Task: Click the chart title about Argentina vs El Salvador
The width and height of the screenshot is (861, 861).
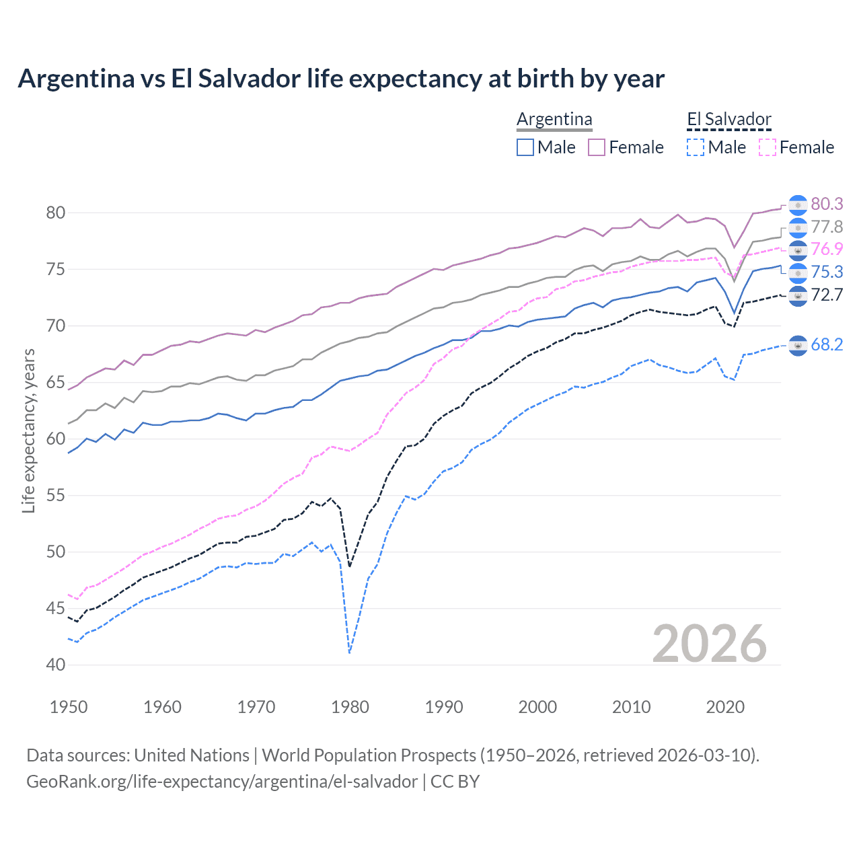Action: coord(341,79)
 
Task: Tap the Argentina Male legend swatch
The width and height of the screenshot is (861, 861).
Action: coord(525,147)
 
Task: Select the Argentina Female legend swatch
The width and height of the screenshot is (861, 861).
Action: coord(597,147)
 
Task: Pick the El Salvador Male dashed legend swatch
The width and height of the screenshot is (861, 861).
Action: coord(696,147)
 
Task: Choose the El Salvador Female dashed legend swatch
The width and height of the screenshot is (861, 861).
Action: coord(767,147)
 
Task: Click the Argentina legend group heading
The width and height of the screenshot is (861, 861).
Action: coord(554,120)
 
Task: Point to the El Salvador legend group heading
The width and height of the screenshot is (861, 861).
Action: coord(729,120)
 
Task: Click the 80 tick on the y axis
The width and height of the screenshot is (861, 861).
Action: coord(56,213)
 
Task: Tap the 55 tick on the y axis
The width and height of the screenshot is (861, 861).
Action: coord(56,496)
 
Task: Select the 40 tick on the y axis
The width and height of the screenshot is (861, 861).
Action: coord(56,665)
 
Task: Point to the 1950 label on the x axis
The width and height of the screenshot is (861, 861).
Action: coord(69,707)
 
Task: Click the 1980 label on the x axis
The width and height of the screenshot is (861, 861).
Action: coord(350,707)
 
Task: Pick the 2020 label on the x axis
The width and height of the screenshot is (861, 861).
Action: coord(725,707)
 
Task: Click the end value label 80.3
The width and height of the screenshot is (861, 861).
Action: coord(827,204)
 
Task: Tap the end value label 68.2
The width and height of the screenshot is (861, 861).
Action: coord(827,345)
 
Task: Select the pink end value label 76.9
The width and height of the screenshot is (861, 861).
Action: coord(827,250)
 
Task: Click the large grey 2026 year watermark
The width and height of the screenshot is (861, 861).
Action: coord(710,644)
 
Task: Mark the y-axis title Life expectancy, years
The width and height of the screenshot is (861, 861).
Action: coord(28,430)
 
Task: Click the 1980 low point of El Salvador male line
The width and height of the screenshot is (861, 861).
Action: coord(350,652)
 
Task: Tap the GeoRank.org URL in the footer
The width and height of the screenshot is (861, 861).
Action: coord(222,782)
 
